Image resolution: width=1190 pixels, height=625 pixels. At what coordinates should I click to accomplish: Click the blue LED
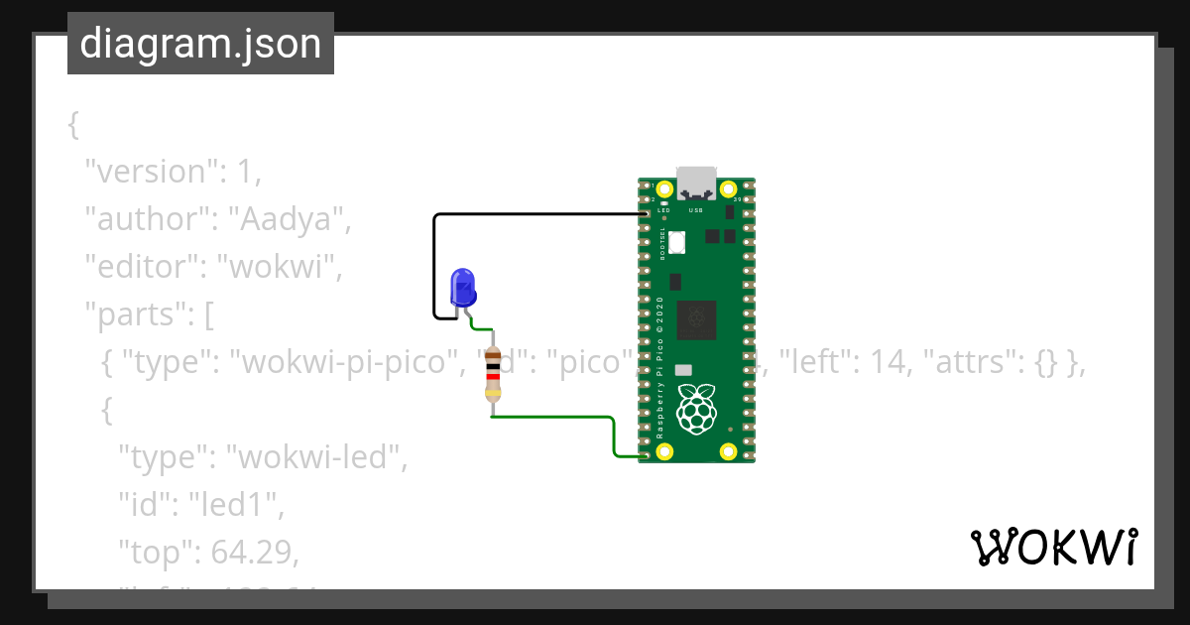(x=463, y=287)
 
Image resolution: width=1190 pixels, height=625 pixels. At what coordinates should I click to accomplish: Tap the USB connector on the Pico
(x=696, y=182)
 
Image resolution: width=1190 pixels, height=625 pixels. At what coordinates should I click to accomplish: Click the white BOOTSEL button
(x=677, y=241)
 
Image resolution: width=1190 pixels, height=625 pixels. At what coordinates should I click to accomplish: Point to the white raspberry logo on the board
(x=696, y=408)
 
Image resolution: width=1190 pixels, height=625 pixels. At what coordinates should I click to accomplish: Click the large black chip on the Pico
(x=696, y=320)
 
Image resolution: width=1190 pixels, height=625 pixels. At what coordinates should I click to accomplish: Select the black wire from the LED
(x=434, y=263)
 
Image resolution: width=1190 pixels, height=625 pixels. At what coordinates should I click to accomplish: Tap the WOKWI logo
(x=1053, y=548)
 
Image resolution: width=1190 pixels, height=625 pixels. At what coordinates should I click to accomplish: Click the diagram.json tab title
(x=200, y=45)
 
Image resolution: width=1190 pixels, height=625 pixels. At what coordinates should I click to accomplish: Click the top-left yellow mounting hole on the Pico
(x=664, y=188)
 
